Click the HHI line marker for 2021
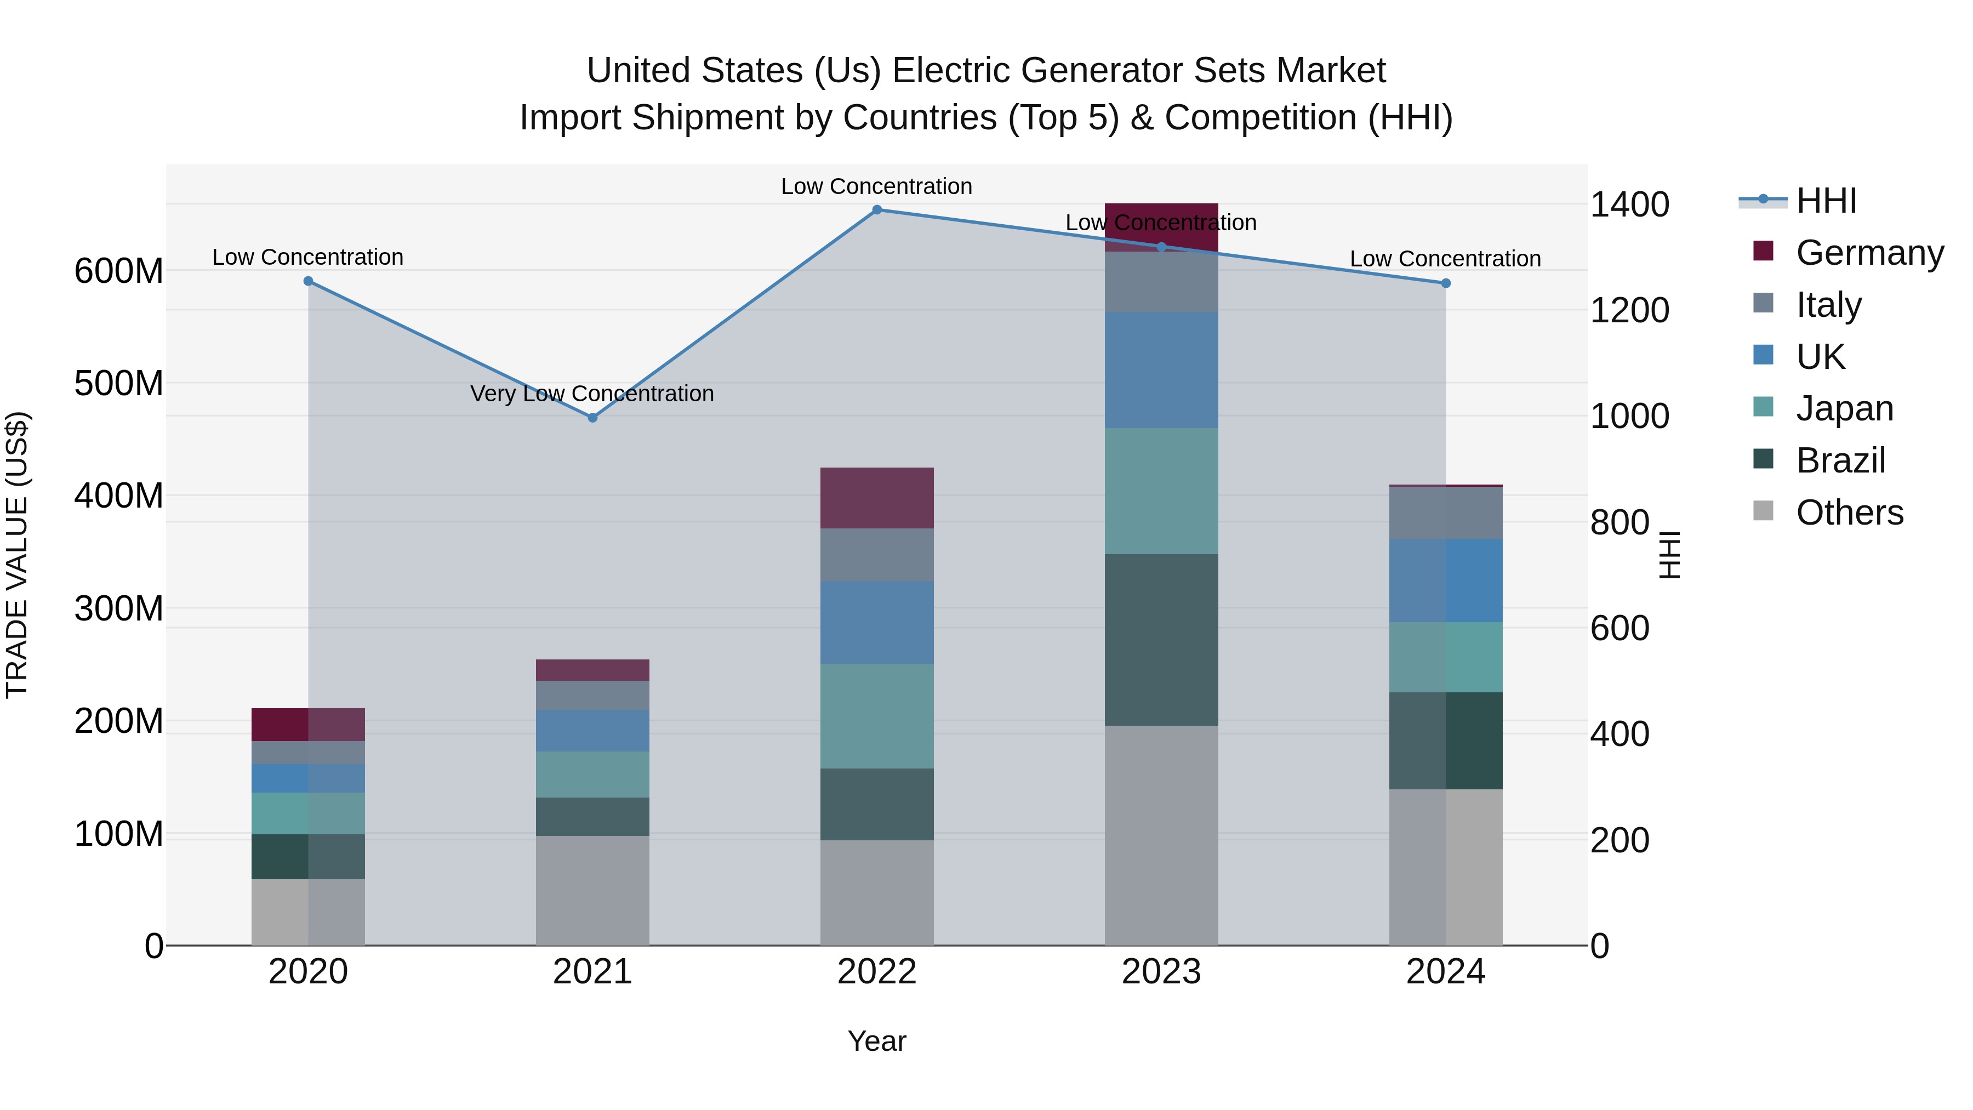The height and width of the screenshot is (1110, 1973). [x=592, y=418]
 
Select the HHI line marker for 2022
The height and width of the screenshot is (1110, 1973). [x=877, y=210]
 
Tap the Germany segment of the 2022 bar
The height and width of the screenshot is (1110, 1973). [x=877, y=498]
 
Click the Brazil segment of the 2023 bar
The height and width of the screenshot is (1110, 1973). [x=1161, y=640]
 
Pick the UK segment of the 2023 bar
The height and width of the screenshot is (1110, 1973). [x=1161, y=370]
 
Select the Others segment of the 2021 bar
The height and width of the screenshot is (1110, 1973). [x=592, y=890]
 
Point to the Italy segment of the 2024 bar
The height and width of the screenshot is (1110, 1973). [x=1445, y=513]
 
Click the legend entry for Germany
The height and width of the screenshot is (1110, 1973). [x=1869, y=253]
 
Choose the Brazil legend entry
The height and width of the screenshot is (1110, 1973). [x=1840, y=460]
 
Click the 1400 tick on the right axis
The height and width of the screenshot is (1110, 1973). [x=1630, y=204]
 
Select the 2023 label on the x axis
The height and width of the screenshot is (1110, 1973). [x=1161, y=972]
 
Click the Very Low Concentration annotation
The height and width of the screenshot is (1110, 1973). [x=592, y=394]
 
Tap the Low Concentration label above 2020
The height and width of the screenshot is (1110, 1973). [x=308, y=258]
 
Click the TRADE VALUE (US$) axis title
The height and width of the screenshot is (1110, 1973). [x=18, y=555]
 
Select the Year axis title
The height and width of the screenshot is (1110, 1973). [x=877, y=1041]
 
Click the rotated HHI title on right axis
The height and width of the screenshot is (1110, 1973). [x=1670, y=555]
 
